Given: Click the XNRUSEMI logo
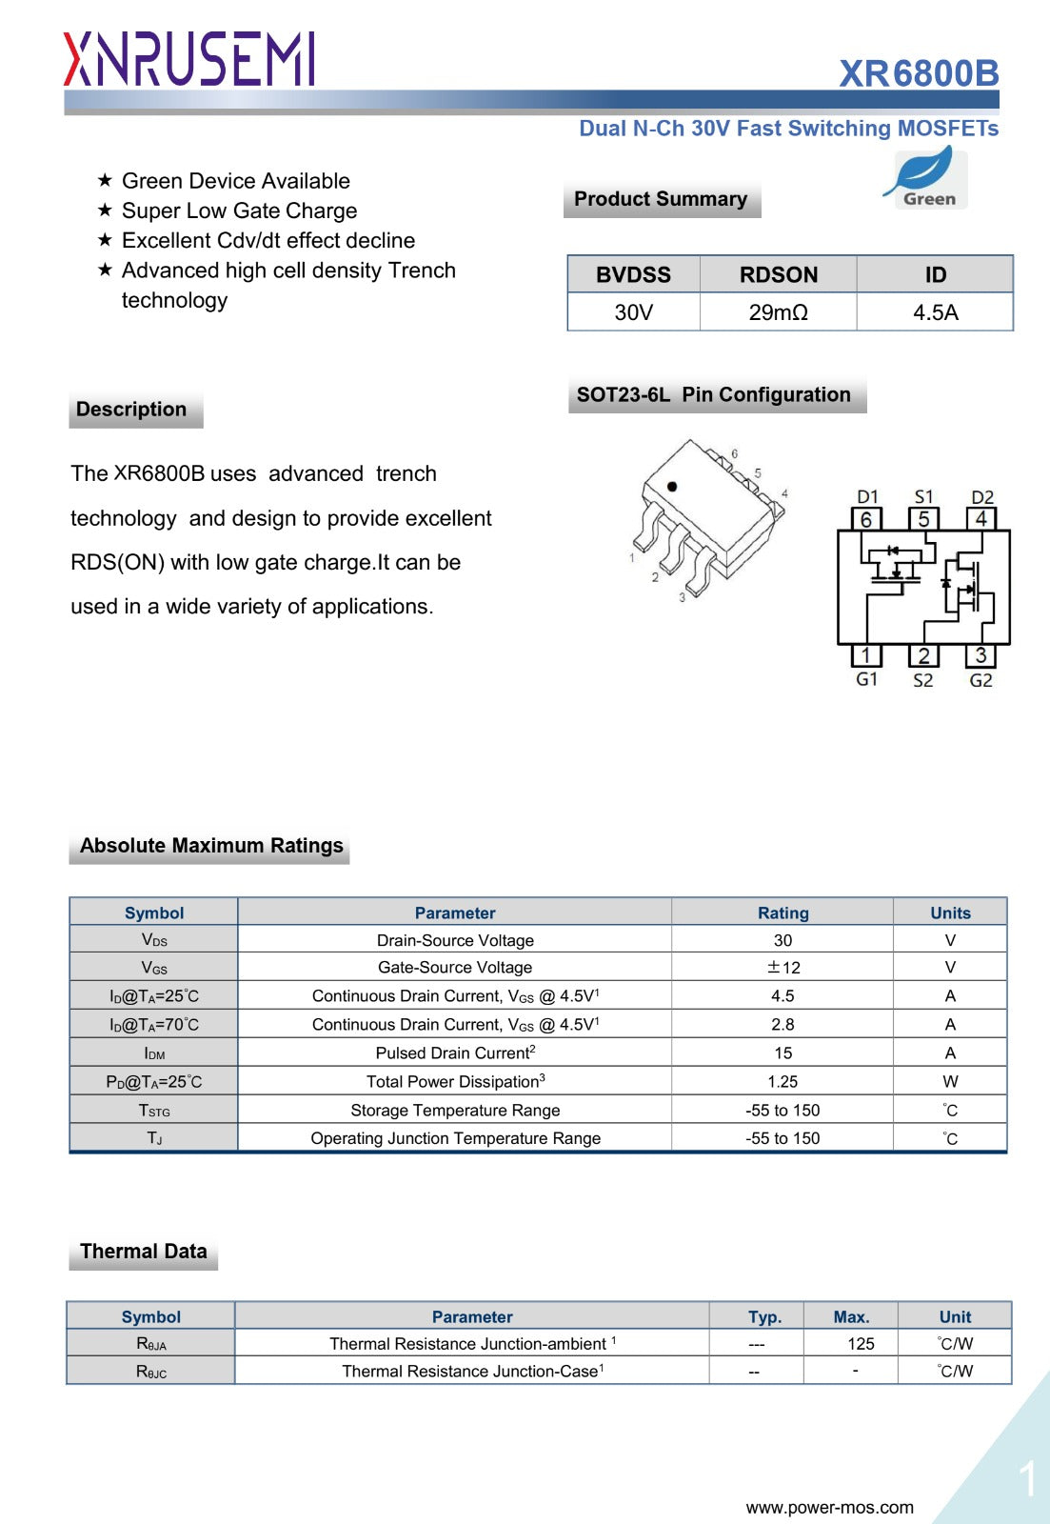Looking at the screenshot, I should coord(188,59).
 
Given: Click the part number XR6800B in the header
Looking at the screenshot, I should coord(919,73).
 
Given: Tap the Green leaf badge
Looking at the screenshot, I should coord(924,178).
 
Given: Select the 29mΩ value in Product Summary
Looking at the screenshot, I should coord(778,312).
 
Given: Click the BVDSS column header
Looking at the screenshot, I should coord(633,274).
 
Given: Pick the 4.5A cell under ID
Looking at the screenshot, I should coord(935,312).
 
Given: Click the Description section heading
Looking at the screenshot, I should coord(131,410).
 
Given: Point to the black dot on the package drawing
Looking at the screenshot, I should coord(672,487).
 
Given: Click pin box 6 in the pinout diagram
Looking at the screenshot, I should coord(865,519).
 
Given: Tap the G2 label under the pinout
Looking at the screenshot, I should coord(981,680).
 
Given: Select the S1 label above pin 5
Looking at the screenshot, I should coord(923,496).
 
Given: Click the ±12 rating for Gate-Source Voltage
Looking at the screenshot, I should coord(783,968).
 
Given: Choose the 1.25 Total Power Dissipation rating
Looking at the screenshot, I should coord(783,1082).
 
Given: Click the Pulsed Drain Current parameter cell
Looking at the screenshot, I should coord(455,1053).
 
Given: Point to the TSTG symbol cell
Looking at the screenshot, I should coord(154,1111).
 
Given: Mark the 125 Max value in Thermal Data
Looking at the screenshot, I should coord(861,1344).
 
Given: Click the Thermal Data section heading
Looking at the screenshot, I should coord(144,1252).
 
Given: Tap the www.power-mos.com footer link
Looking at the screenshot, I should coord(829,1508).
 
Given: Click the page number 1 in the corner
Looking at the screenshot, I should coord(1026,1480).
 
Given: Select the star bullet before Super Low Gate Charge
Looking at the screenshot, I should coord(105,211).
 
